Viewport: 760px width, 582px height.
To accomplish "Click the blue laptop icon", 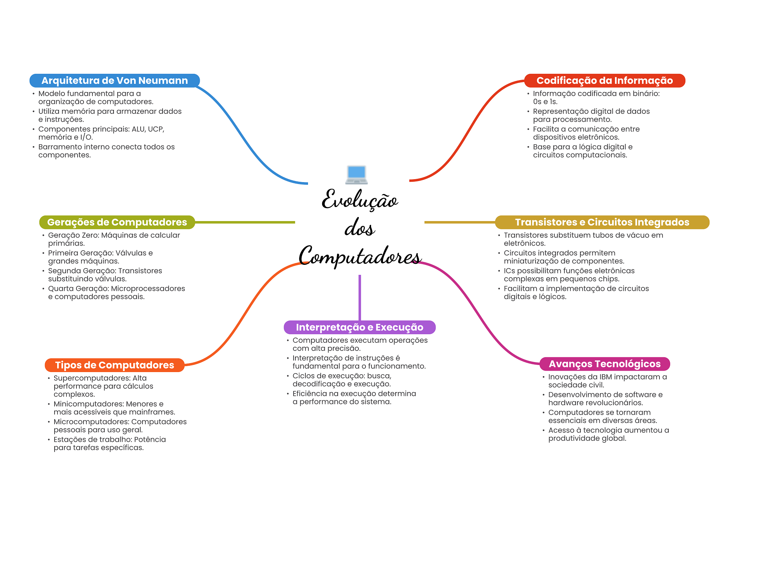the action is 356,175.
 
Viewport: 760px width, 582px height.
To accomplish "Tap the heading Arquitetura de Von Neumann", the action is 115,80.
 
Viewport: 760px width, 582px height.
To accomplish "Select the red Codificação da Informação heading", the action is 605,80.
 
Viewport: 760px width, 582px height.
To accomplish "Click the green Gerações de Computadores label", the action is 117,222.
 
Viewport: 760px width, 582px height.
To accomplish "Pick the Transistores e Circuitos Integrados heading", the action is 602,222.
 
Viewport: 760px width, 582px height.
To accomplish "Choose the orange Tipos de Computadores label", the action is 115,365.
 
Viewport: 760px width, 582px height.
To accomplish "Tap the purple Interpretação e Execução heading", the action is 360,327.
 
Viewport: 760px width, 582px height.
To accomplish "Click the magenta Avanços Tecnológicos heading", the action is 605,364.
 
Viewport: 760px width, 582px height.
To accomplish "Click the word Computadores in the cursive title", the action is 360,256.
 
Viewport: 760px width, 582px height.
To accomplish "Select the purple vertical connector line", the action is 360,297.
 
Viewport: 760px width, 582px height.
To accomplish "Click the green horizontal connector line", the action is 245,222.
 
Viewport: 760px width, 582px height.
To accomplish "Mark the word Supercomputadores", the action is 92,378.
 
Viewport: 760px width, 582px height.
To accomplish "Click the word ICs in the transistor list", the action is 510,271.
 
